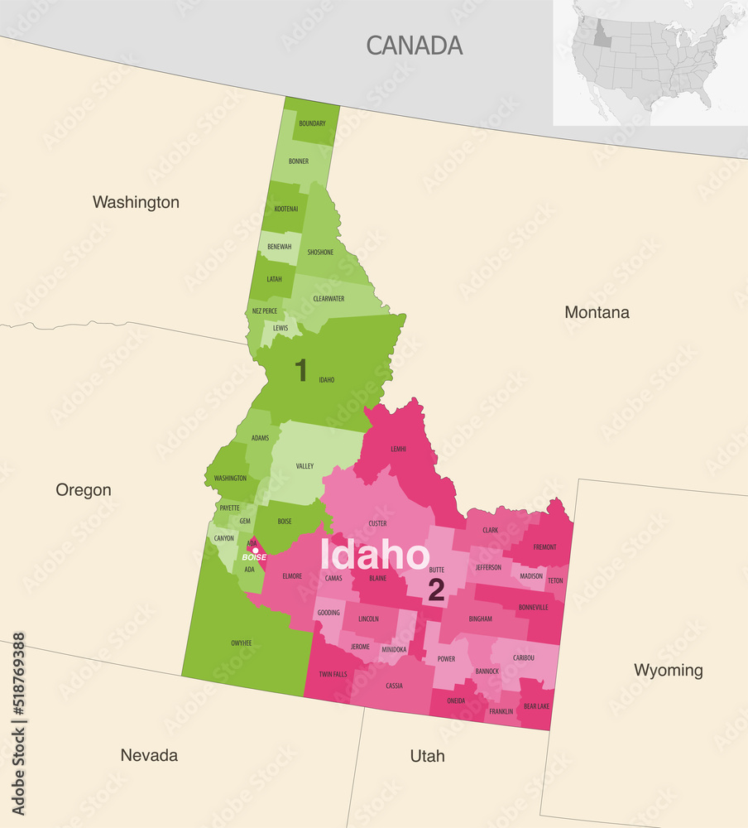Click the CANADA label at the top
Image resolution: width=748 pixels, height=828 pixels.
(414, 45)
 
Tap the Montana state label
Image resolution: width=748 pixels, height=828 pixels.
(597, 312)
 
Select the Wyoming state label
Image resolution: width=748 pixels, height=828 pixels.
(668, 670)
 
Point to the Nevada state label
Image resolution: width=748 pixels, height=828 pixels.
(149, 755)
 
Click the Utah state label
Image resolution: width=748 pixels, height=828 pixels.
(427, 756)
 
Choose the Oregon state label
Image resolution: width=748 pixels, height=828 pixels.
(84, 490)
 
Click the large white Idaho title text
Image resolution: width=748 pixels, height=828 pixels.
(375, 555)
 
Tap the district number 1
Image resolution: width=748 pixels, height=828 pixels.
(301, 371)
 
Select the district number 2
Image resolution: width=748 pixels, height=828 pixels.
(436, 590)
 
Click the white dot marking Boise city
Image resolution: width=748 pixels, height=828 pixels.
(255, 550)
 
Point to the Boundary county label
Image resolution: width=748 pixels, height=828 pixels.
(312, 123)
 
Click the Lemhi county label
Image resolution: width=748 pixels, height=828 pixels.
(398, 449)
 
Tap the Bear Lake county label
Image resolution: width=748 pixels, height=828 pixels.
(535, 706)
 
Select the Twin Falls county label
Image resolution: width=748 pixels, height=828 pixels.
(333, 675)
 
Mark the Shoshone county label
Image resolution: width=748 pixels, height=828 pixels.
(320, 253)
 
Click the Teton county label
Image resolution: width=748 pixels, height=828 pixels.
(555, 580)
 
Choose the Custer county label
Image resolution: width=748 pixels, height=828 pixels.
(377, 523)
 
